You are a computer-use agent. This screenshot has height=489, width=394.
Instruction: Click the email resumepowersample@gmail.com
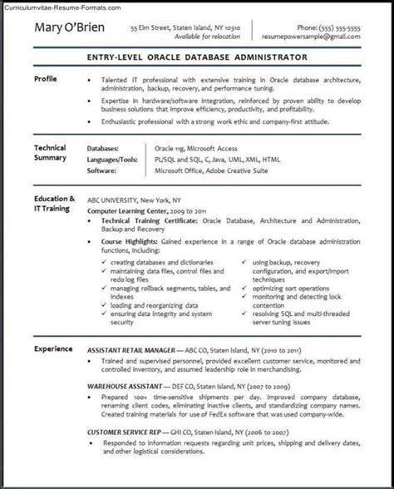[315, 38]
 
